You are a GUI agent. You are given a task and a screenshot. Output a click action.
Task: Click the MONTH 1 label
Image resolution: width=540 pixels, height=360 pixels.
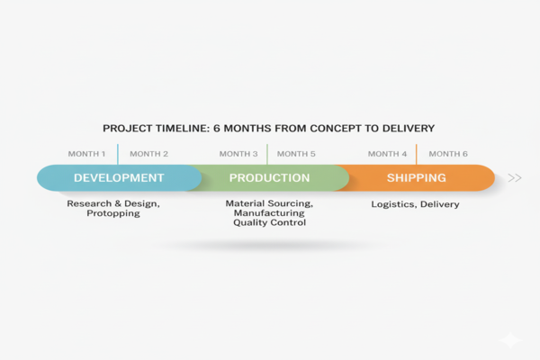coord(86,154)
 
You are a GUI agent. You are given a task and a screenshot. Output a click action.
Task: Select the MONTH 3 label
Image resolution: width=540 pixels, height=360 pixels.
coord(238,154)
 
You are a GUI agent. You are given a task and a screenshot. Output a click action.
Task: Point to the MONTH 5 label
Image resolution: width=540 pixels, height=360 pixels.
coord(297,154)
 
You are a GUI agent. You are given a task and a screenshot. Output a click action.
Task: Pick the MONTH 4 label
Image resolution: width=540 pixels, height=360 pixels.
coord(387,154)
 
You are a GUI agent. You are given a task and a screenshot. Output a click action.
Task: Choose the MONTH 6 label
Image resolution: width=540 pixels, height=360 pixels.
coord(448,154)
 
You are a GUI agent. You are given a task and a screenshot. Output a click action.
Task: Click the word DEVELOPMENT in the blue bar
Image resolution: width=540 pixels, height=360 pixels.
coord(119,178)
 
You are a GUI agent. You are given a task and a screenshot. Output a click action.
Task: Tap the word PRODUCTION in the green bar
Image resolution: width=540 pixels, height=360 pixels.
coord(270,178)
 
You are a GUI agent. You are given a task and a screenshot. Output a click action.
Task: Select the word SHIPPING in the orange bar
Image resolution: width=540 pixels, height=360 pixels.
coord(416,178)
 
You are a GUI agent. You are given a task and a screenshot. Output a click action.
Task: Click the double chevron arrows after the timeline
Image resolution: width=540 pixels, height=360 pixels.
coord(515,178)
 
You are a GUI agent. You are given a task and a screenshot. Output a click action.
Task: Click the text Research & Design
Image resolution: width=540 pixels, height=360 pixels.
coord(113,204)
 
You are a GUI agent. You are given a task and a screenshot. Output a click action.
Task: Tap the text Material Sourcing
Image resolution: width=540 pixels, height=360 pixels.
coord(269,204)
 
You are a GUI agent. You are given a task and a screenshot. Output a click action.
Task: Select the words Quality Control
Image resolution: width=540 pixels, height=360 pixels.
coord(269,223)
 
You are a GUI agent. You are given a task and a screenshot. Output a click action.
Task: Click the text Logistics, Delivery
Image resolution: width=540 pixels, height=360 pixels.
coord(416,204)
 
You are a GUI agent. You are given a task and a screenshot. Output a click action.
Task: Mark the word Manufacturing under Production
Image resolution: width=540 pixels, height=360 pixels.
coord(269,213)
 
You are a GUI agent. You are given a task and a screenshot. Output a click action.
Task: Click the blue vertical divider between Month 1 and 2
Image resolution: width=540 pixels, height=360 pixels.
coord(118,154)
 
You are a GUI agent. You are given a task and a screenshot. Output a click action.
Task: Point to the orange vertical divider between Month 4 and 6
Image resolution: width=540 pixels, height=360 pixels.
coord(416,154)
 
